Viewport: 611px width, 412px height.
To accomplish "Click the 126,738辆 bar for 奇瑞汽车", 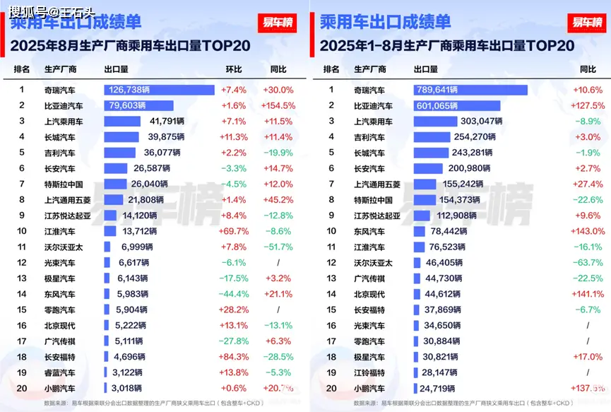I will click(x=159, y=90).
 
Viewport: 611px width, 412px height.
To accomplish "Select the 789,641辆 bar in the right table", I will click(x=470, y=90).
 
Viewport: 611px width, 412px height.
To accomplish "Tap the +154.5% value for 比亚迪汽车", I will click(x=278, y=105).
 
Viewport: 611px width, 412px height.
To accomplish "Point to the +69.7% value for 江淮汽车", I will click(x=233, y=231).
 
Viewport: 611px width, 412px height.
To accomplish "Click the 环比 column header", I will click(x=233, y=69).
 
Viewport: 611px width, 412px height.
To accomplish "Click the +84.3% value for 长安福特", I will click(x=233, y=357).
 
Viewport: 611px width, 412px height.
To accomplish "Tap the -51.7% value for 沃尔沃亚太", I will click(x=278, y=247).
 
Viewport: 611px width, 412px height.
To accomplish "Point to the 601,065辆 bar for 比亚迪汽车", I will click(x=457, y=105).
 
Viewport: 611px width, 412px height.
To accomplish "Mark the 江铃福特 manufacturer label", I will click(x=369, y=372).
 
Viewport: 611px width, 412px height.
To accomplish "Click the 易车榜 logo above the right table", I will click(x=587, y=22).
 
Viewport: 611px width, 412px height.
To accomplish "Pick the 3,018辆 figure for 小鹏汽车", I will click(x=127, y=388).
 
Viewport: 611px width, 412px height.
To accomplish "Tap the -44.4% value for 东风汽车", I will click(x=233, y=294).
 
